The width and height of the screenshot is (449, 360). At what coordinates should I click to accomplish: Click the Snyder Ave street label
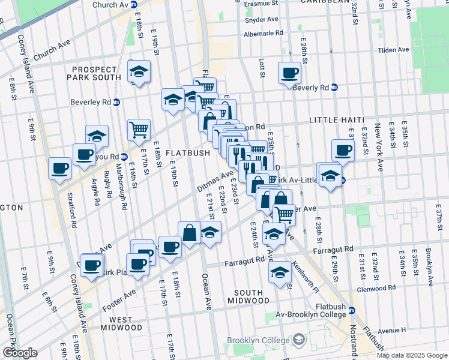[x=261, y=19]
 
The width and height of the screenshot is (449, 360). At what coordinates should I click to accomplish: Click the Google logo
[x=19, y=353]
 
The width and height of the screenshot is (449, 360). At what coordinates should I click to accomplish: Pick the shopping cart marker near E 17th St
[x=139, y=129]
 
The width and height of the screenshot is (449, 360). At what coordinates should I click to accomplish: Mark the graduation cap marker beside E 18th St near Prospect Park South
[x=139, y=71]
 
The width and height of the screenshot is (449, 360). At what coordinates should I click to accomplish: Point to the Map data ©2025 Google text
[x=412, y=355]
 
